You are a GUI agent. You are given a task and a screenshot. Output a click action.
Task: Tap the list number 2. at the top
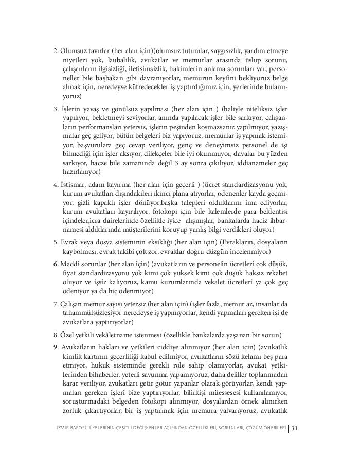pos(56,51)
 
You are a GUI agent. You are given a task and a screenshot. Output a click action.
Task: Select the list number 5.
pos(56,241)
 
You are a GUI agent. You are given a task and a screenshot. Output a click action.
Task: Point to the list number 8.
pos(56,334)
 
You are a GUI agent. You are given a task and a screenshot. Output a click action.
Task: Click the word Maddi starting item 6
pos(70,264)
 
